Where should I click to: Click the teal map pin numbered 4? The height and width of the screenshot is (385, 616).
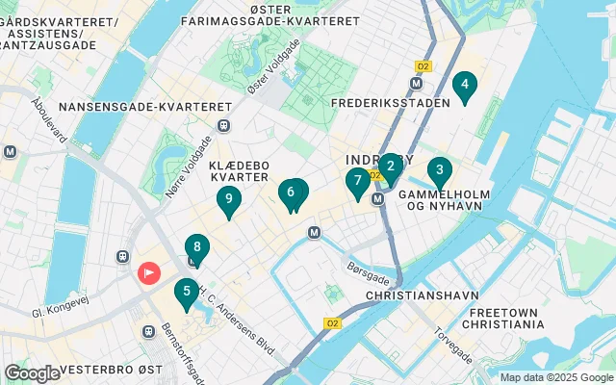(x=465, y=88)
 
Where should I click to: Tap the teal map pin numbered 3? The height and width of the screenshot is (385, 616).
(x=440, y=173)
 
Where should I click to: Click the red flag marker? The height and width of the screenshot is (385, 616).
(x=149, y=274)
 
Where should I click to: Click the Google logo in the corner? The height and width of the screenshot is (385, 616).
(x=32, y=373)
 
